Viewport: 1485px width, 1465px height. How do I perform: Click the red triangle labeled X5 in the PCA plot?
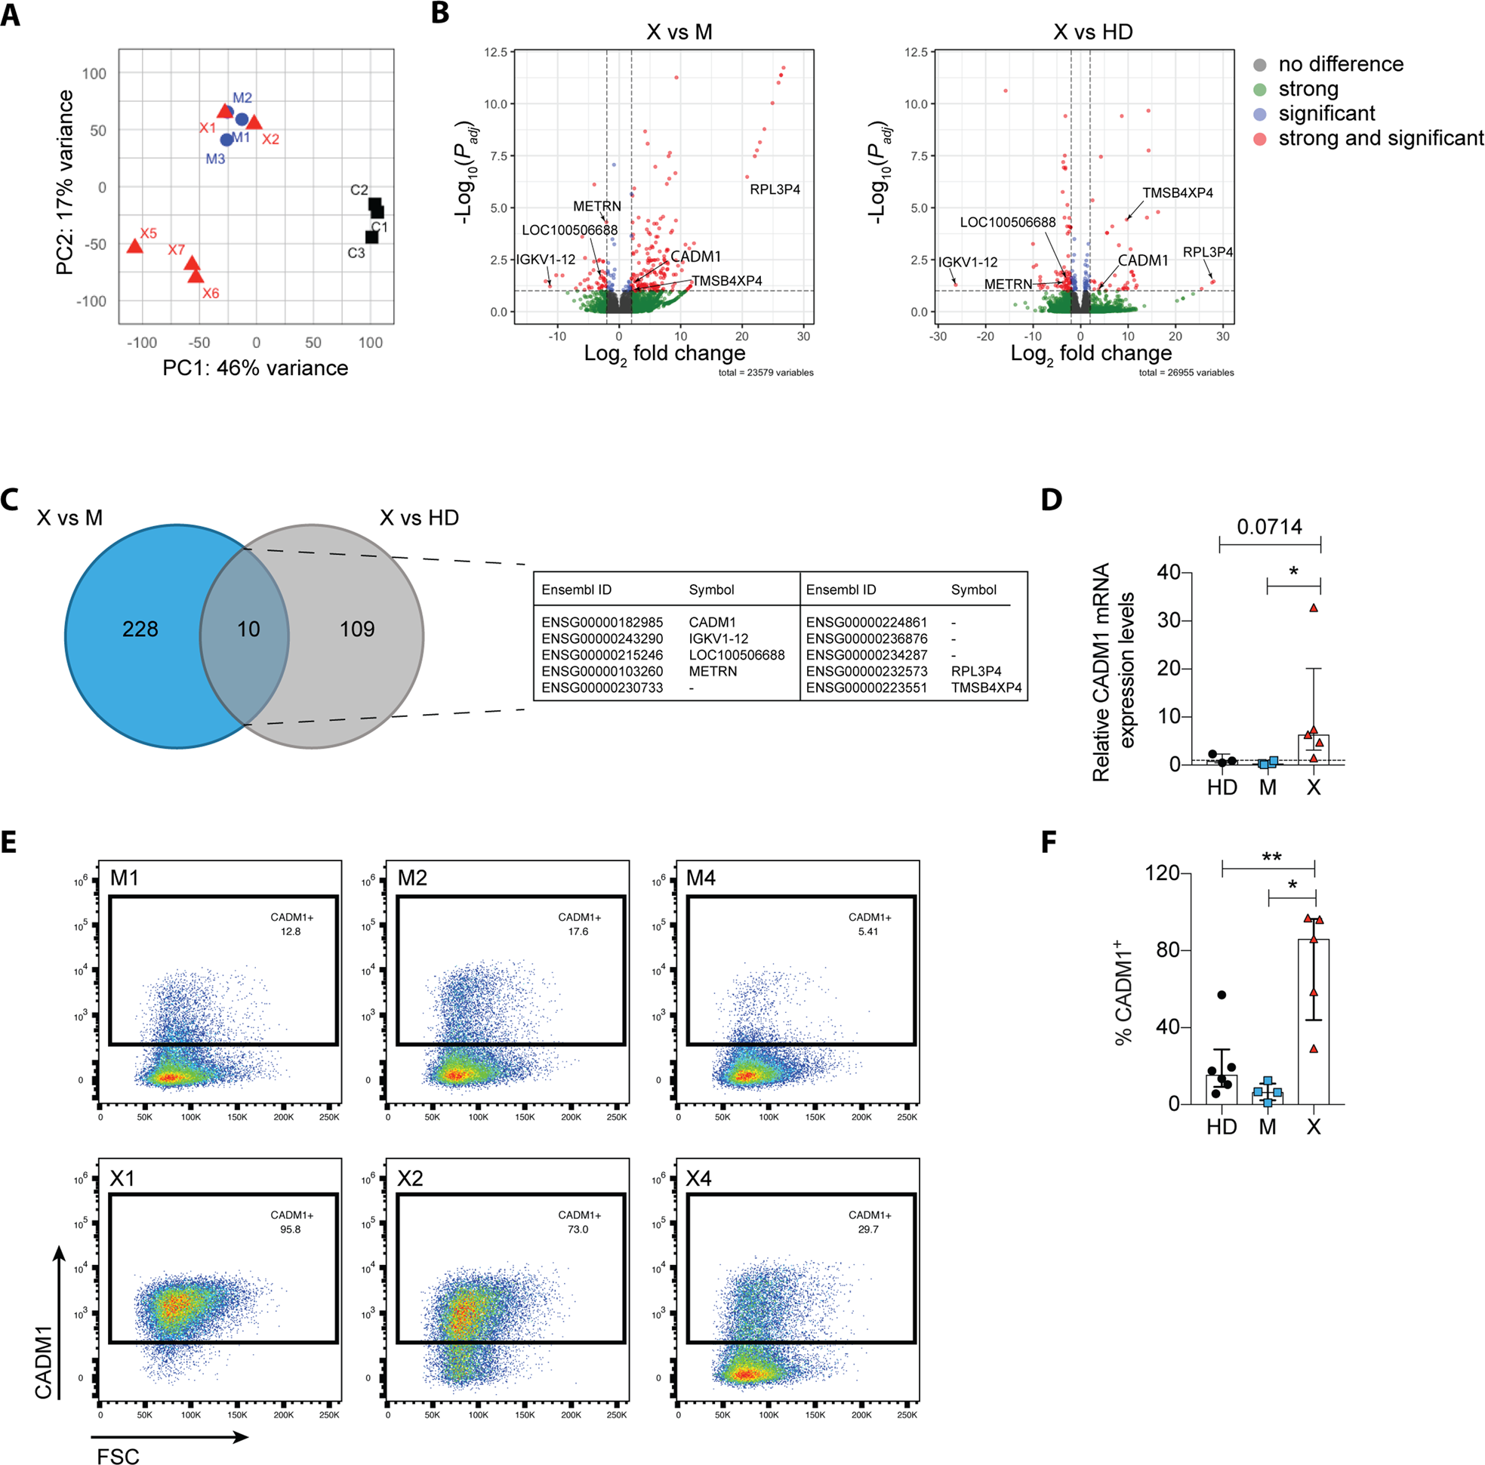[134, 247]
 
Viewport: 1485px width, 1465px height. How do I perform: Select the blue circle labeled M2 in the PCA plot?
[242, 119]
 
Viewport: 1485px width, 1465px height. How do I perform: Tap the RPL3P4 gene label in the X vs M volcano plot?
[775, 189]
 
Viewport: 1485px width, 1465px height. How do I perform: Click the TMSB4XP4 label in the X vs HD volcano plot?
[1177, 193]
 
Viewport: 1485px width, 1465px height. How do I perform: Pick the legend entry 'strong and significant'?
[1381, 138]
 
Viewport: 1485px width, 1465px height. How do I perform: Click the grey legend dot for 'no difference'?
[1260, 65]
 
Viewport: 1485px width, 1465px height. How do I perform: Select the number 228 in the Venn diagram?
[140, 629]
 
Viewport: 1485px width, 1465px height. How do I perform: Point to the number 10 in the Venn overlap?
[248, 629]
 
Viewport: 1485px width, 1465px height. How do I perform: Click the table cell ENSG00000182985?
[602, 622]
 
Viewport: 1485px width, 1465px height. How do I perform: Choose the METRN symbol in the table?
[713, 671]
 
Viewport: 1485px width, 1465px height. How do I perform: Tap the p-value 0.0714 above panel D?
[1269, 528]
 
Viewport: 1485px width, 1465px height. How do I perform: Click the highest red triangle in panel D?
[1314, 608]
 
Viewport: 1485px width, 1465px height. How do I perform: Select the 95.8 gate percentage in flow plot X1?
[291, 1229]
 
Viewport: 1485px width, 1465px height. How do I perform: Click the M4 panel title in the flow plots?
[701, 878]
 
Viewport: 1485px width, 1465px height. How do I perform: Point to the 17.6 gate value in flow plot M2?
[578, 931]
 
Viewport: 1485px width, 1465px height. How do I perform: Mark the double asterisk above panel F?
[1271, 857]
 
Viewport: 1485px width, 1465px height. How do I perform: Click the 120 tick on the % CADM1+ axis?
[1161, 873]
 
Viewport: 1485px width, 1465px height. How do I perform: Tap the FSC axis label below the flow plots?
[118, 1456]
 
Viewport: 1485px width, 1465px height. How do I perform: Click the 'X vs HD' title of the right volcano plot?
[1092, 32]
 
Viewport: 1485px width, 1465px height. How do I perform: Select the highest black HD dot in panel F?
[1222, 995]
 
